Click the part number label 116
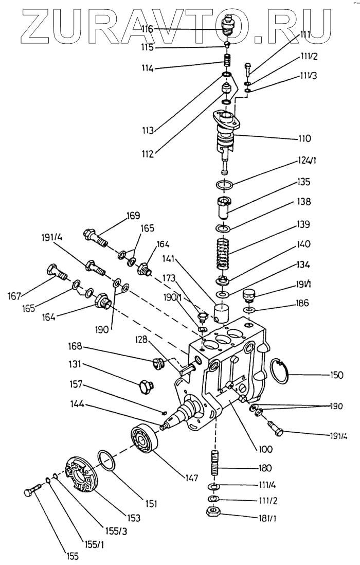pyautogui.click(x=147, y=29)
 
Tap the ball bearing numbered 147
pyautogui.click(x=144, y=438)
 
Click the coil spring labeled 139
pyautogui.click(x=223, y=254)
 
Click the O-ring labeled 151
pyautogui.click(x=106, y=460)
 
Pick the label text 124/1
pyautogui.click(x=307, y=161)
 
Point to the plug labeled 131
pyautogui.click(x=146, y=386)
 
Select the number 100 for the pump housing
pyautogui.click(x=266, y=449)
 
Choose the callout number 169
pyautogui.click(x=133, y=216)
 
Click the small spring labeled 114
pyautogui.click(x=227, y=60)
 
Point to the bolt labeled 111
pyautogui.click(x=248, y=69)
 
